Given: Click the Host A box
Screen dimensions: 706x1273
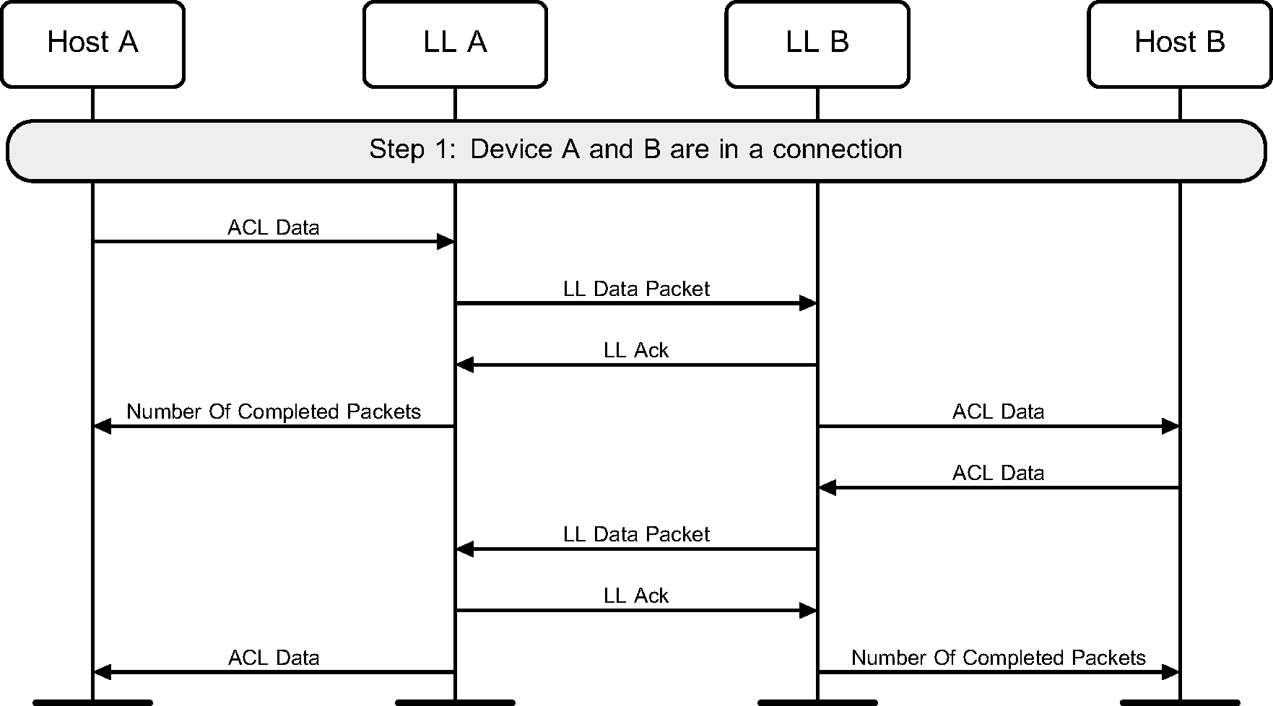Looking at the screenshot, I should click(92, 43).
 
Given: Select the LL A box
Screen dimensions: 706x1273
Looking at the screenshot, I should click(455, 43).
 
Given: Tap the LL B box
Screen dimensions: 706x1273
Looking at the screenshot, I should click(817, 43).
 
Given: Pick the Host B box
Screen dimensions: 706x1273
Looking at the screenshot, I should click(1180, 43).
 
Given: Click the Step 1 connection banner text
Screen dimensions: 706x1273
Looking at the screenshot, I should click(635, 149).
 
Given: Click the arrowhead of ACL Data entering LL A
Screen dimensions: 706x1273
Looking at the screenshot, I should click(446, 242).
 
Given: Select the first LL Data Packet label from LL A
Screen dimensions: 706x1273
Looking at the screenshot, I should click(636, 289).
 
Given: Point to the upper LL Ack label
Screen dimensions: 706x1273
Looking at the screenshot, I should click(636, 350).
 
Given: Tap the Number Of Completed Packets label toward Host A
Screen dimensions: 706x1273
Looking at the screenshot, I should click(274, 411).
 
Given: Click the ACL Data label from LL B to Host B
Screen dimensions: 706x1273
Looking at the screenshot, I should click(998, 411).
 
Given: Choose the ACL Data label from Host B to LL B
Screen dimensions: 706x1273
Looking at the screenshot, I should click(998, 473).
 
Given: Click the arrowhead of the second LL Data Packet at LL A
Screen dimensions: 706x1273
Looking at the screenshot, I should click(465, 549).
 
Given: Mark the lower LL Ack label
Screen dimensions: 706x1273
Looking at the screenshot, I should click(636, 596).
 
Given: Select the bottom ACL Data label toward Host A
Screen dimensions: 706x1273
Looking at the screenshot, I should click(274, 658).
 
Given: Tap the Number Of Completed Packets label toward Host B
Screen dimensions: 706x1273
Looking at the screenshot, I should click(998, 658).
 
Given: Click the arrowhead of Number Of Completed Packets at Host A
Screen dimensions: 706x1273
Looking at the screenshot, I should click(103, 427).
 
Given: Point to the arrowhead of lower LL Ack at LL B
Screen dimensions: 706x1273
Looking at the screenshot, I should click(808, 611).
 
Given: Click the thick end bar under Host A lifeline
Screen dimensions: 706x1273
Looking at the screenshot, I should click(92, 702).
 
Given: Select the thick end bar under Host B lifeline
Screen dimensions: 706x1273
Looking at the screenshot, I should click(1180, 702).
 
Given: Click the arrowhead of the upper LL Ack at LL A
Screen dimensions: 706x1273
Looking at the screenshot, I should click(465, 365).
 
